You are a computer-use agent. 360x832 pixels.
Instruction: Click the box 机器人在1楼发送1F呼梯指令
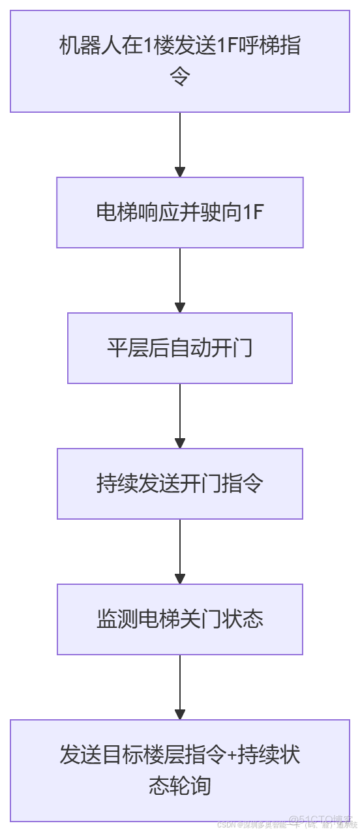[x=180, y=62]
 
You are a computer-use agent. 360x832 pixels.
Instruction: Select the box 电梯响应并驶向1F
[x=180, y=213]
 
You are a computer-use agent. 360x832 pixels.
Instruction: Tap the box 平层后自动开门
[x=180, y=348]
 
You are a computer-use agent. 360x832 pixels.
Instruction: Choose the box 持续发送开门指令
[x=180, y=484]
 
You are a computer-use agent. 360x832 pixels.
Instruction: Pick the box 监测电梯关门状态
[x=180, y=619]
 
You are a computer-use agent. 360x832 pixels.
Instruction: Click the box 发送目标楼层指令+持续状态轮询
[x=180, y=770]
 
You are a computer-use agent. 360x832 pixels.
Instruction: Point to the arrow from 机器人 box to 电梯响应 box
[x=180, y=145]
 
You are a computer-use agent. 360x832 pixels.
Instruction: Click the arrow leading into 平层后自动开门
[x=180, y=280]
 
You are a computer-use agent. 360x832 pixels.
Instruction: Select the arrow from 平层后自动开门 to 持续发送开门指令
[x=180, y=416]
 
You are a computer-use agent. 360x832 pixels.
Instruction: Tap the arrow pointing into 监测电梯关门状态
[x=180, y=552]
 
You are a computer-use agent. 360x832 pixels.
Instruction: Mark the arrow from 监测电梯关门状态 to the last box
[x=180, y=687]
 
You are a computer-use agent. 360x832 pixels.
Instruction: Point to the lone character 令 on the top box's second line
[x=180, y=78]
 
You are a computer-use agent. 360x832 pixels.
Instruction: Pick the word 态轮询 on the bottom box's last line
[x=180, y=786]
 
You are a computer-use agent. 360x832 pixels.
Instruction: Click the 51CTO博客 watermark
[x=322, y=818]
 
